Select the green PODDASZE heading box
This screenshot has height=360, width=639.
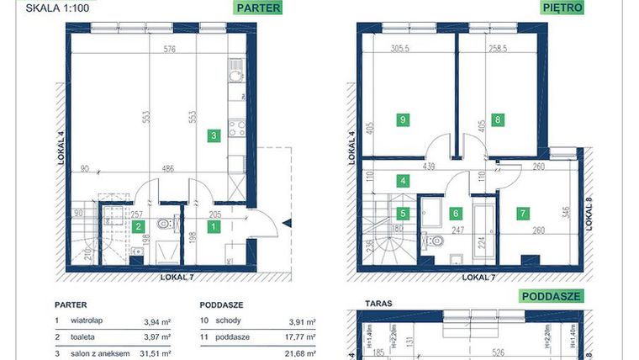[552, 296]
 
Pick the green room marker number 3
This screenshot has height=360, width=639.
[214, 135]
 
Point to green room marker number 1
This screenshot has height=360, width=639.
[214, 226]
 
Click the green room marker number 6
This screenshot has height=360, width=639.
[457, 214]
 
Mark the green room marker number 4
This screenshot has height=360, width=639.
[404, 180]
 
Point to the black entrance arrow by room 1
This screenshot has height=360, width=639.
[288, 223]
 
